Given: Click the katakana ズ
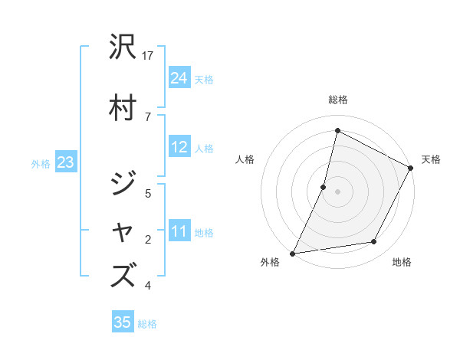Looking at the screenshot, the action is [125, 274].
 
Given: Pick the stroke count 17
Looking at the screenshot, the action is [149, 56].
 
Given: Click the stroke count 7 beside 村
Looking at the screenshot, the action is [148, 116].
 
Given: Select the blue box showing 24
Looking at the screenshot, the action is [179, 78].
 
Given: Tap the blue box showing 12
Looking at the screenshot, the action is [179, 148].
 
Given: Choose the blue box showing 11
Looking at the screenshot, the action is [179, 232].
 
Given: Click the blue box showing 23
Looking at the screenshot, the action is [65, 163].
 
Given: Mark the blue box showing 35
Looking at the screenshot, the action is [123, 323].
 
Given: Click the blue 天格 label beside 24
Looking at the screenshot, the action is [204, 79].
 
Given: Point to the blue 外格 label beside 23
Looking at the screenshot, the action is [41, 164].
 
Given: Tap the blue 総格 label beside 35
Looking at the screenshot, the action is [147, 324].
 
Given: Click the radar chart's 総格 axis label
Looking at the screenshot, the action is [337, 100].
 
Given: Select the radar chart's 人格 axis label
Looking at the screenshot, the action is [245, 159].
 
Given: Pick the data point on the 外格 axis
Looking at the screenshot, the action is [292, 253].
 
